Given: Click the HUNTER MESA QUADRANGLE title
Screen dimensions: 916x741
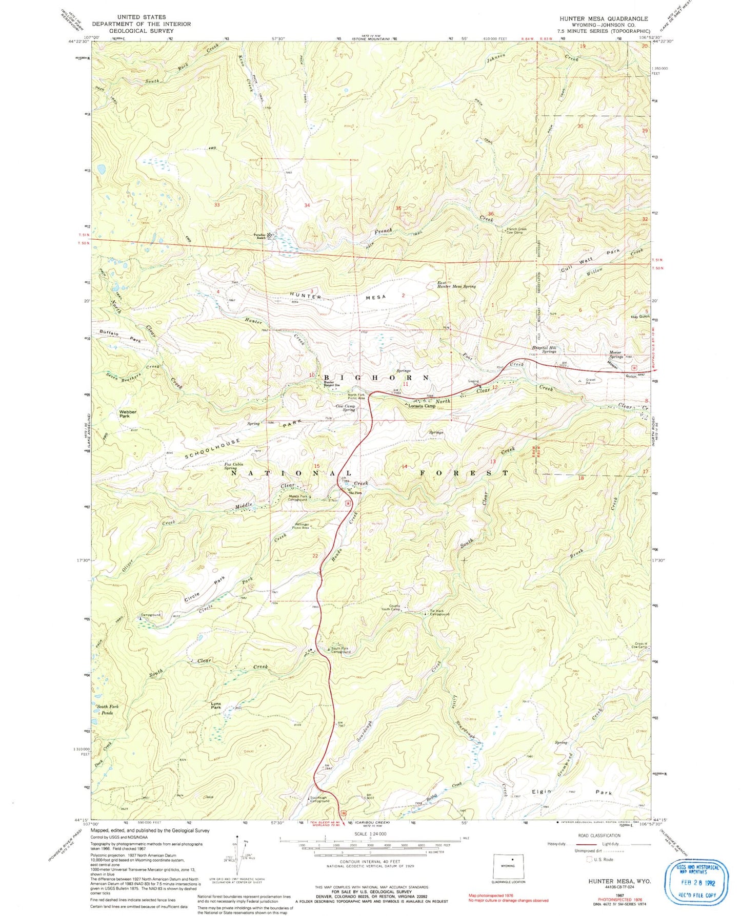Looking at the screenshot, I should (x=604, y=18).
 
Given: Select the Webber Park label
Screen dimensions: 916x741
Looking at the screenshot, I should (x=125, y=414).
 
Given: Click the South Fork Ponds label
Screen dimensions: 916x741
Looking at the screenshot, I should (x=107, y=710).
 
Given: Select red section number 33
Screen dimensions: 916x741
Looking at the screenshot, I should (x=217, y=205).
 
